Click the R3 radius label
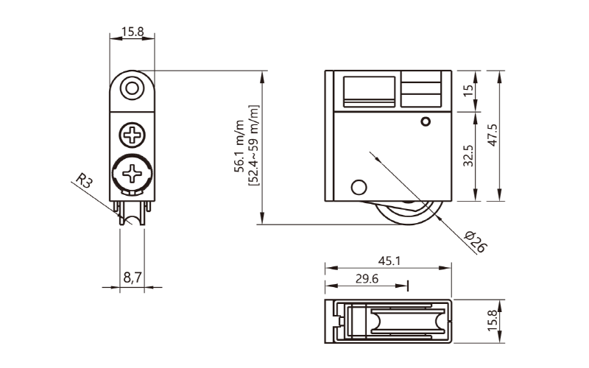point(84,180)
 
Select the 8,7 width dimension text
point(133,277)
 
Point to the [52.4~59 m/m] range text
point(254,145)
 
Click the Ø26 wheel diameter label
point(476,241)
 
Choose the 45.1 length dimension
point(389,261)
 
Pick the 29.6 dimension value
point(367,279)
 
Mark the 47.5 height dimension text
point(493,135)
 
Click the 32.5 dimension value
point(468,156)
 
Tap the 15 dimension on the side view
point(468,91)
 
